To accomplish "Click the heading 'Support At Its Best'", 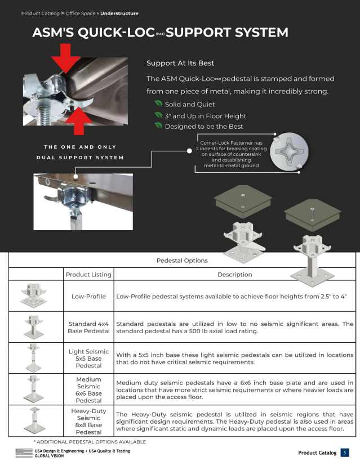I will tap(180, 63).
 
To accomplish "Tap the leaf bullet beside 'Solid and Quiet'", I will tap(158, 104).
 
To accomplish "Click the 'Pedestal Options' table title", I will tap(182, 261).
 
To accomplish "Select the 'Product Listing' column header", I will tap(88, 275).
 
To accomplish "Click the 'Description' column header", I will tap(234, 275).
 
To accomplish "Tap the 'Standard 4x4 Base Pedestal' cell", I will tap(88, 328).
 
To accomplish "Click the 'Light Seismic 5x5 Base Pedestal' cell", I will tap(88, 359).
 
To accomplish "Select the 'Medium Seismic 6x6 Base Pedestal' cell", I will tap(88, 390).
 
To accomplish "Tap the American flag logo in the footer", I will tap(24, 453).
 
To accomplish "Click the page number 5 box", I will tap(345, 453).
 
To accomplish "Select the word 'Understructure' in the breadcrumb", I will tap(119, 14).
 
